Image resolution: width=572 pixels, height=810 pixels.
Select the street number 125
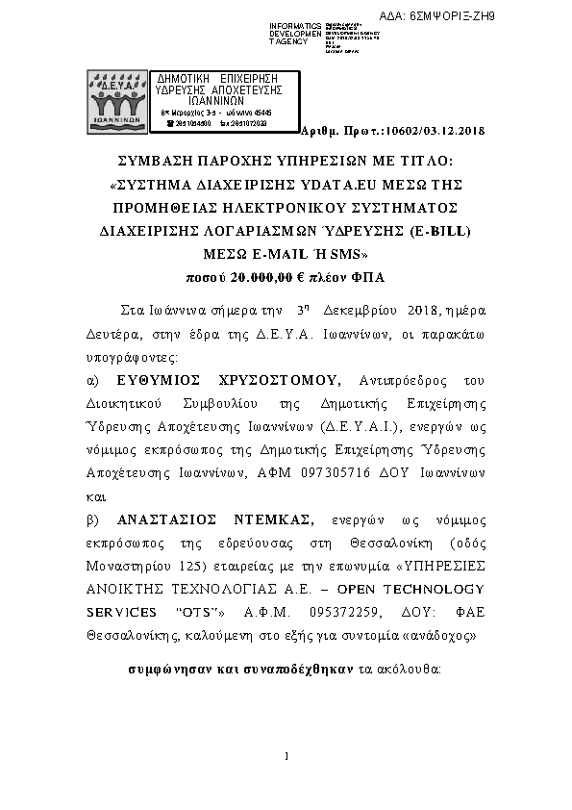tap(183, 565)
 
